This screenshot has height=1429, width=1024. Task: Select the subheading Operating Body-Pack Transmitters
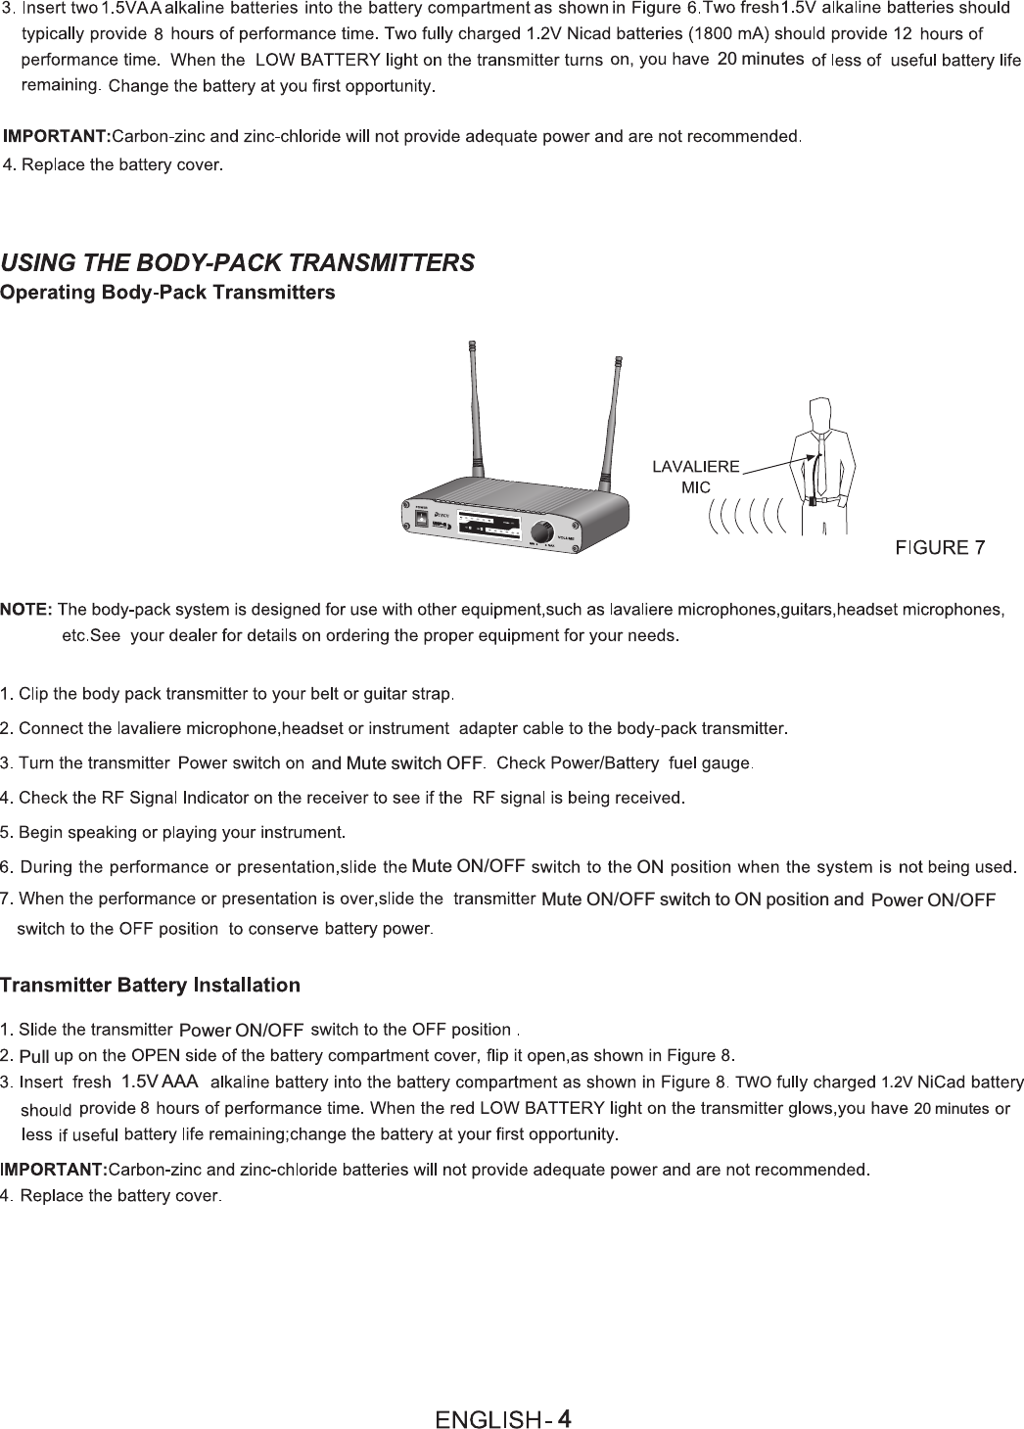click(x=167, y=293)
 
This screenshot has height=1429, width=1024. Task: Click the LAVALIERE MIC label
click(x=696, y=476)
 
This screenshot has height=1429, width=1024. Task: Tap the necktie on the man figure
click(x=820, y=460)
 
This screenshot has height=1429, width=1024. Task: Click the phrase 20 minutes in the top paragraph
click(x=761, y=60)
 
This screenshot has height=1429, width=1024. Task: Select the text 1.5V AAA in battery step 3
click(x=160, y=1082)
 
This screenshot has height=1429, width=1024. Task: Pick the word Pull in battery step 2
click(x=34, y=1056)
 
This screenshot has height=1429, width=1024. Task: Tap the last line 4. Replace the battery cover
click(x=114, y=1196)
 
